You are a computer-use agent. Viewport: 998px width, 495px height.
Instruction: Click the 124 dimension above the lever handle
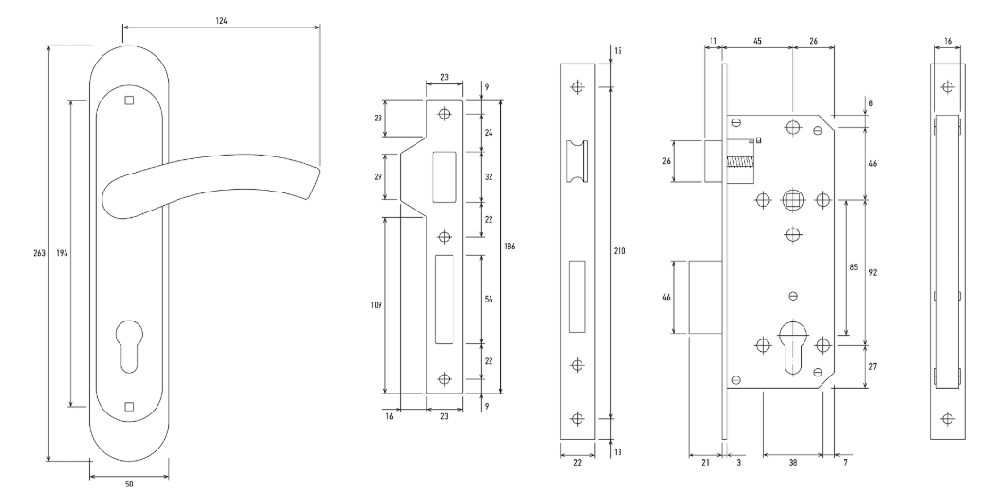click(221, 20)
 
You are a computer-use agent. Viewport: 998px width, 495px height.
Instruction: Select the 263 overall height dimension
click(39, 252)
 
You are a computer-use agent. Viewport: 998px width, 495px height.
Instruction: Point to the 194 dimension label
click(62, 252)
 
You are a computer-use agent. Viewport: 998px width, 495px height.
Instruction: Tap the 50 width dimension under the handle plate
click(129, 485)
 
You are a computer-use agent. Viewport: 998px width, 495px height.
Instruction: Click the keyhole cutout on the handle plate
click(130, 345)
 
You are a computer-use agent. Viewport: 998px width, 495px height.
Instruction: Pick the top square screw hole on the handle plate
click(129, 100)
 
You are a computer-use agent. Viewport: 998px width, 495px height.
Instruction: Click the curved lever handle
click(210, 185)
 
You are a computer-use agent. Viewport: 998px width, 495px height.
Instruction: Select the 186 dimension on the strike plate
click(508, 247)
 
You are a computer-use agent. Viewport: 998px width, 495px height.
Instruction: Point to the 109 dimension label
click(376, 305)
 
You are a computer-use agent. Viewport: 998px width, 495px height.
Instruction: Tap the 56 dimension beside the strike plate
click(489, 299)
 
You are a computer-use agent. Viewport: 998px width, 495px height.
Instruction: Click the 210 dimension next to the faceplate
click(619, 251)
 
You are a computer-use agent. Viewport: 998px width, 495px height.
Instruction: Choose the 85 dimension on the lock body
click(854, 267)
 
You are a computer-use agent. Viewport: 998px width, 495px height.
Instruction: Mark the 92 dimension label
click(873, 272)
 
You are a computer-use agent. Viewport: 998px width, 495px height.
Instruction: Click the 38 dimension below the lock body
click(792, 463)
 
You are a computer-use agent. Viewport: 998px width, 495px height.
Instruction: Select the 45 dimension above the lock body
click(757, 42)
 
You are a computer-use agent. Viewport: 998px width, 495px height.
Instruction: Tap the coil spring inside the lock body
click(739, 162)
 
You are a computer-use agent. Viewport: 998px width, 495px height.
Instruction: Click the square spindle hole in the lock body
click(792, 200)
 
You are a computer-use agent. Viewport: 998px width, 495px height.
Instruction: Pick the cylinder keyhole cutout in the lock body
click(792, 347)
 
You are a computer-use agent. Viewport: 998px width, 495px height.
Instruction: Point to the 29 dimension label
click(379, 177)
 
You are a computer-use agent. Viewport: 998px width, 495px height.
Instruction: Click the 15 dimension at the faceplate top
click(619, 51)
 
